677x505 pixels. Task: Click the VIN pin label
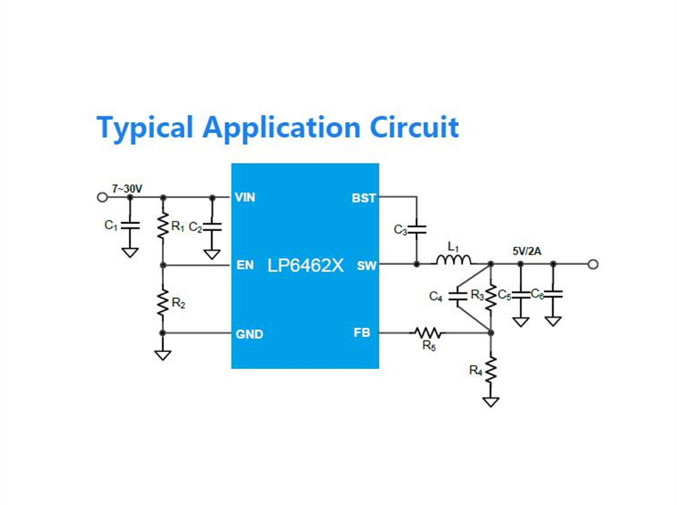(245, 197)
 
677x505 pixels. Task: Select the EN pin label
(245, 265)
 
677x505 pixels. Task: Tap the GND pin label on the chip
(249, 334)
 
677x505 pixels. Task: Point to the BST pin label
(364, 198)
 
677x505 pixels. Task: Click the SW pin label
(366, 266)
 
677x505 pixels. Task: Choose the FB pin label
(362, 333)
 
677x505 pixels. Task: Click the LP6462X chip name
(305, 266)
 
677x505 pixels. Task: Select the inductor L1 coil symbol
(453, 259)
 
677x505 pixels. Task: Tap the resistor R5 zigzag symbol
(428, 333)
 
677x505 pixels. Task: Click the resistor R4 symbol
(491, 370)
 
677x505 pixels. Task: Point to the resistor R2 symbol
(163, 302)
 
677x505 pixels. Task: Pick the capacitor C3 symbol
(417, 229)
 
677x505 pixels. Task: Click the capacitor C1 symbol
(130, 225)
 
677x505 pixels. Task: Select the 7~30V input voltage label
(127, 189)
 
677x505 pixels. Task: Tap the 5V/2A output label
(527, 251)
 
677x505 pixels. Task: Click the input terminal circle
(102, 197)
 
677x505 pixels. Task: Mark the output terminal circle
(593, 264)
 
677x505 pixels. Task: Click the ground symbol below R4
(491, 402)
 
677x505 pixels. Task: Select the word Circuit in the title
(414, 127)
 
